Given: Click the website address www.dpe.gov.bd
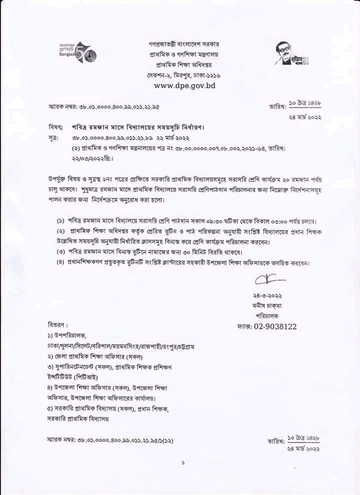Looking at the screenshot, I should click(184, 86).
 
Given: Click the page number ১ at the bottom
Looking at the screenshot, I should click(183, 463).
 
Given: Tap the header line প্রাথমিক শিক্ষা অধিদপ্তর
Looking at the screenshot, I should click(184, 64).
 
